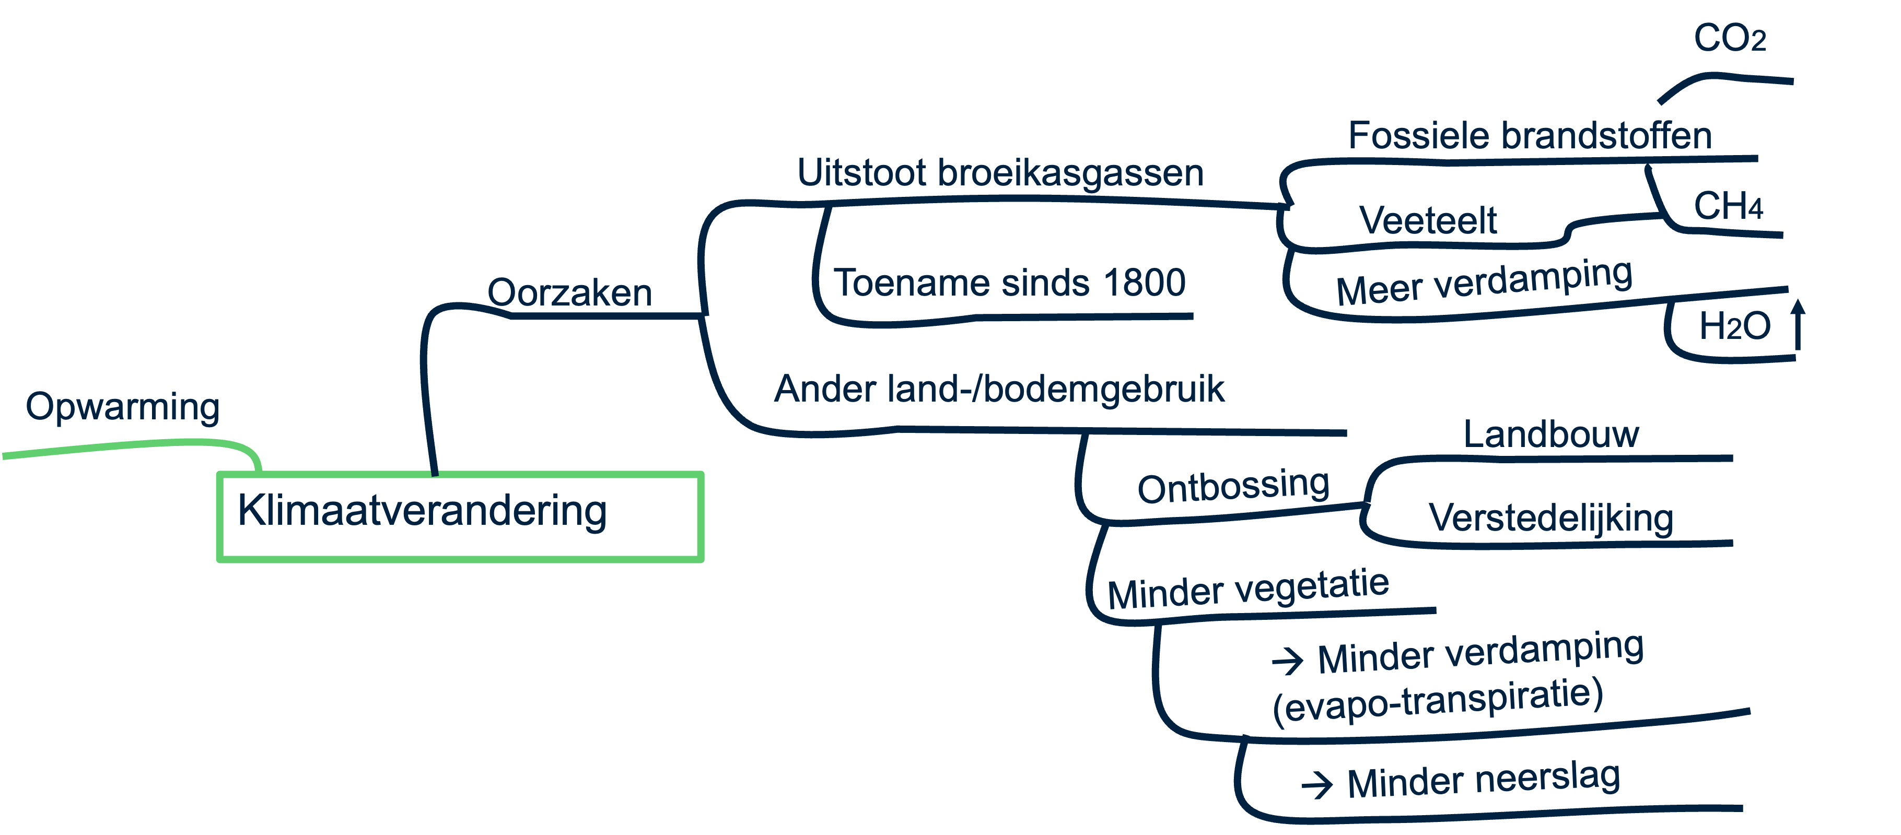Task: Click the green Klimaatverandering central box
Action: click(460, 516)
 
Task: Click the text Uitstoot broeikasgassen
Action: click(1000, 173)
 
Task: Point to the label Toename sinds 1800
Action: click(1009, 283)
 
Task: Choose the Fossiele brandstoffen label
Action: click(1529, 136)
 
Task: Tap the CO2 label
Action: click(1729, 38)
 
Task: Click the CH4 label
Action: click(1728, 207)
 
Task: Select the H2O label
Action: click(1734, 326)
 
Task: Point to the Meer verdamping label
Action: click(1483, 283)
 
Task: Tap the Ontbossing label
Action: click(1233, 487)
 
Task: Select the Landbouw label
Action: click(1550, 434)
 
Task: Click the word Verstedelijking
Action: click(1550, 518)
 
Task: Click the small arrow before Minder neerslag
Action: click(1316, 785)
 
